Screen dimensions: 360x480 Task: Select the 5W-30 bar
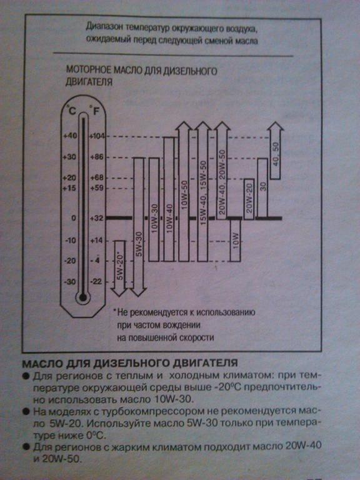click(139, 227)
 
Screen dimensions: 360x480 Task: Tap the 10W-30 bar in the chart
click(154, 210)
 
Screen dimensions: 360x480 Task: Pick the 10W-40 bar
click(169, 199)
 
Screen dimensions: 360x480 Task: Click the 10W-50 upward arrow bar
click(184, 192)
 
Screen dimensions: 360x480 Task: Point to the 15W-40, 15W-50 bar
click(202, 192)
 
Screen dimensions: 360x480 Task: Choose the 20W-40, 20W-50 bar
click(222, 171)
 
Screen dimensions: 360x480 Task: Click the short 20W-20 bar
click(249, 199)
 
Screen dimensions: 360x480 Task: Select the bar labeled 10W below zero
click(236, 240)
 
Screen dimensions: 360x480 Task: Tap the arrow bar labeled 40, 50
click(276, 151)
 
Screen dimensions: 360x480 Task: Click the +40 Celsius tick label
click(70, 136)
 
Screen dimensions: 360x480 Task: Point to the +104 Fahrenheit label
click(97, 136)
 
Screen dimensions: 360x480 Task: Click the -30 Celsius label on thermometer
click(70, 282)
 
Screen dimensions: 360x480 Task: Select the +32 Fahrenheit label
click(97, 218)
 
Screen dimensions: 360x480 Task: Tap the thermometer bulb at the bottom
click(82, 297)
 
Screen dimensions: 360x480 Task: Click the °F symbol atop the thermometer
click(95, 110)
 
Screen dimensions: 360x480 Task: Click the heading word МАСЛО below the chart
click(42, 363)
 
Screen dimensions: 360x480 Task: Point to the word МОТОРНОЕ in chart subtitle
click(89, 70)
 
